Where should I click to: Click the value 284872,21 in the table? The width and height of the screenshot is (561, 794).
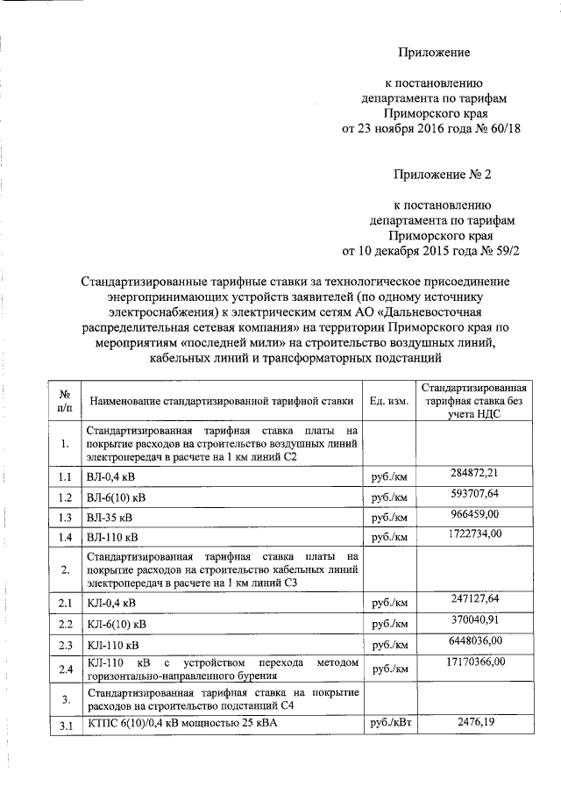click(473, 474)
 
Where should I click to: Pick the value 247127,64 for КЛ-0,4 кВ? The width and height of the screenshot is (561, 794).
click(473, 598)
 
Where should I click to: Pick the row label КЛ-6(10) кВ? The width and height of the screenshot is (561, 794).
click(117, 624)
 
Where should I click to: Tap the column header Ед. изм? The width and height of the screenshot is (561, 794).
click(388, 401)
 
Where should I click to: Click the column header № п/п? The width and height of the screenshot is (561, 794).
click(64, 401)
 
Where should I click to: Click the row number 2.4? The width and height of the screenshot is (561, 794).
click(64, 669)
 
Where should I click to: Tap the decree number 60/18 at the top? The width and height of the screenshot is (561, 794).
click(504, 129)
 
